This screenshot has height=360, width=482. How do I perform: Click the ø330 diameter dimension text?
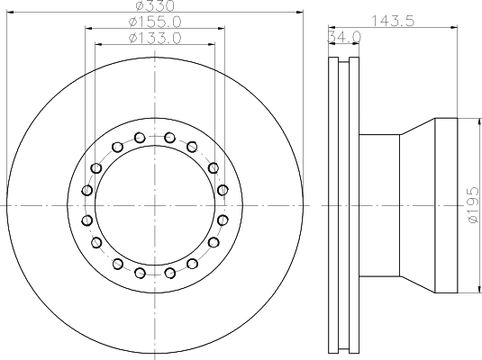click(x=155, y=5)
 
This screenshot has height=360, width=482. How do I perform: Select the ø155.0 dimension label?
click(x=155, y=22)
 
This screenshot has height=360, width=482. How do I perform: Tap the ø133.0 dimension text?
click(x=155, y=39)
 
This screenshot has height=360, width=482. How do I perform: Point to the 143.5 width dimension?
click(x=393, y=21)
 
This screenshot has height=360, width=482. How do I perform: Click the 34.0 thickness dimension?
click(x=344, y=37)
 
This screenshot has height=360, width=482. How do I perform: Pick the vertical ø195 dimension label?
click(x=473, y=205)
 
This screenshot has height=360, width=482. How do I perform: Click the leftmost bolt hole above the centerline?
click(x=87, y=191)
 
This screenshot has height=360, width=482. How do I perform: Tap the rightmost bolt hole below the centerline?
click(x=223, y=220)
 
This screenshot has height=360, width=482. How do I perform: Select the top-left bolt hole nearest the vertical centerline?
click(x=140, y=138)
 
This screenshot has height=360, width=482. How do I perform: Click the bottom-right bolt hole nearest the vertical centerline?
click(x=170, y=273)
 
